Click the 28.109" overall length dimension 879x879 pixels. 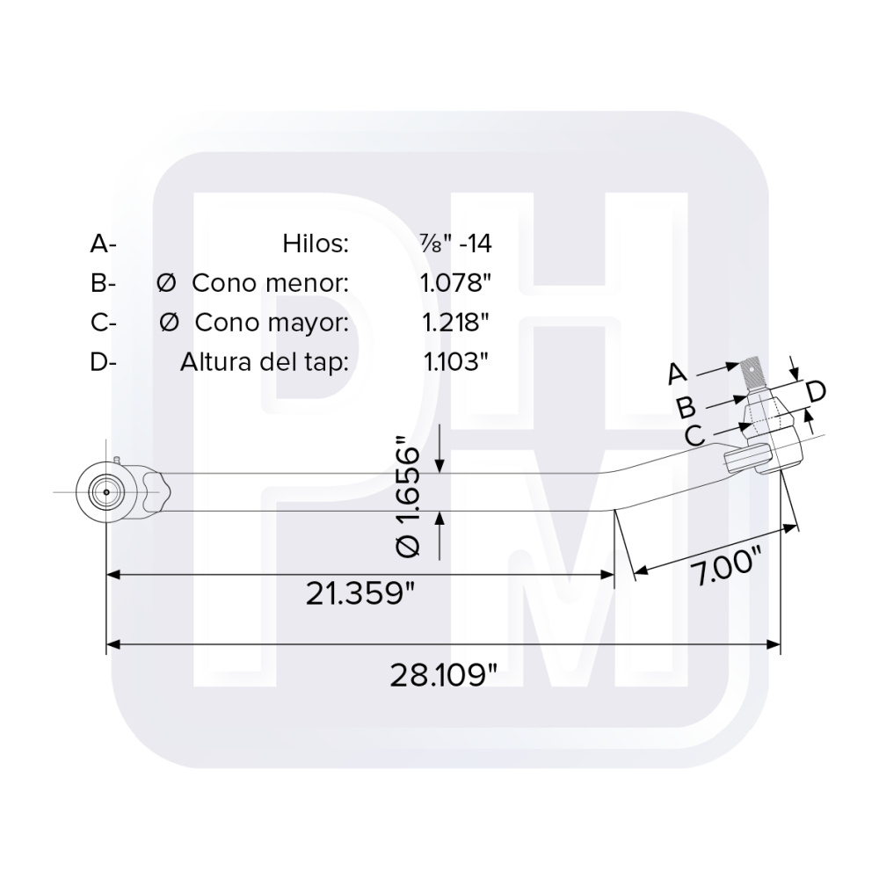click(x=443, y=675)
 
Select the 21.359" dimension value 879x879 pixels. click(x=360, y=594)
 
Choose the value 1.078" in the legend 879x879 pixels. click(x=455, y=283)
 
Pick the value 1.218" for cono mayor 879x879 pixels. click(x=455, y=323)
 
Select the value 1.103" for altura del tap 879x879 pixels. click(x=455, y=362)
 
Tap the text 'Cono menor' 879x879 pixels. click(x=271, y=283)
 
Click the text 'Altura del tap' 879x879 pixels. click(x=265, y=362)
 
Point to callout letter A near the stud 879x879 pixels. click(x=676, y=374)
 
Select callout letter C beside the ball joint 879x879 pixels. click(x=694, y=434)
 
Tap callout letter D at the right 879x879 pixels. click(x=815, y=392)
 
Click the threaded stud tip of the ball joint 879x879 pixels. click(x=757, y=372)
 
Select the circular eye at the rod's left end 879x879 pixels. click(x=106, y=491)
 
